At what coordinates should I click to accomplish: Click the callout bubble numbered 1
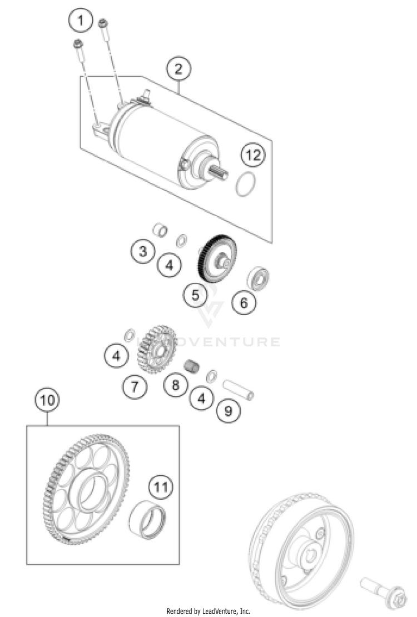pyautogui.click(x=81, y=20)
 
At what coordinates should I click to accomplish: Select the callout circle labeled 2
pyautogui.click(x=178, y=69)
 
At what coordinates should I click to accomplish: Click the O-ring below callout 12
pyautogui.click(x=246, y=185)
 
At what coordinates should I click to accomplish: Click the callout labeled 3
pyautogui.click(x=143, y=251)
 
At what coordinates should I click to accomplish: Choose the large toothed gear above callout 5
pyautogui.click(x=217, y=258)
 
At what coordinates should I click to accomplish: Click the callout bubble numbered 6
pyautogui.click(x=244, y=302)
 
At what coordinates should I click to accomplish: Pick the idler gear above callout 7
pyautogui.click(x=157, y=349)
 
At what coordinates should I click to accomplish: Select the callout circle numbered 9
pyautogui.click(x=229, y=410)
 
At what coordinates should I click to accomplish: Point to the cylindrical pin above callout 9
pyautogui.click(x=238, y=389)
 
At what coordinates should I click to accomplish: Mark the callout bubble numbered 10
pyautogui.click(x=47, y=401)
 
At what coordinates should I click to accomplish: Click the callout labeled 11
pyautogui.click(x=161, y=487)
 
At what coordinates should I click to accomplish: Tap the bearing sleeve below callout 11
pyautogui.click(x=147, y=520)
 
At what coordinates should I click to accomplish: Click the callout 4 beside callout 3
pyautogui.click(x=170, y=265)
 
